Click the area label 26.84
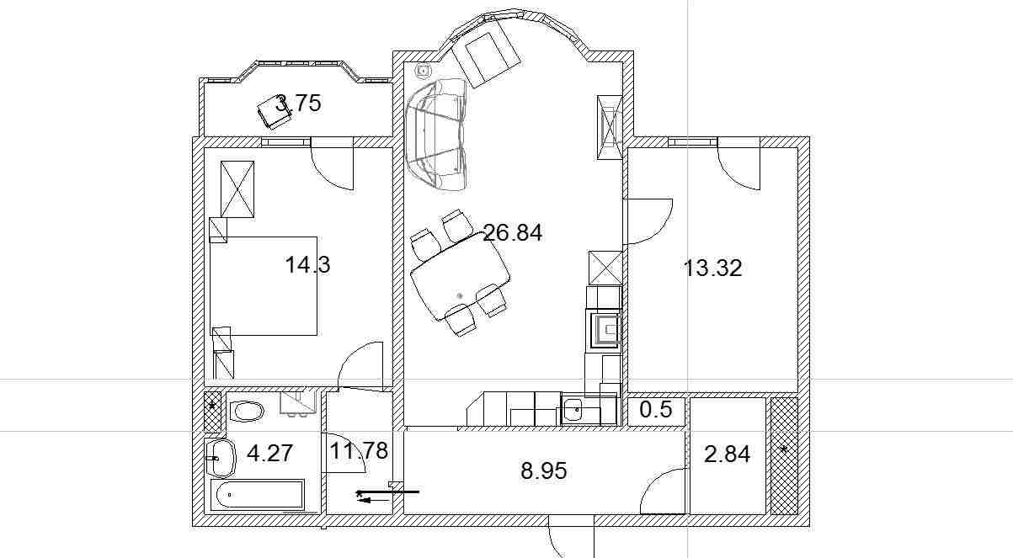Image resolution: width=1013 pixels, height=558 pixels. coord(512,233)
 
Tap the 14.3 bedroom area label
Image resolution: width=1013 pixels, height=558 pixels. coord(307,265)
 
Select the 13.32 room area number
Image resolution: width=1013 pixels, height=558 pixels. coord(712,268)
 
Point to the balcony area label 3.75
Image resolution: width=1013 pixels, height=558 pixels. coord(298,103)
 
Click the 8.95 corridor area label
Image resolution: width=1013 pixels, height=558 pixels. coord(544,470)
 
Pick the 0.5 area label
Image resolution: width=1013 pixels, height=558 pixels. coord(656,410)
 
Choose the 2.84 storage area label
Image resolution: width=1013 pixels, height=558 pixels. coord(728,454)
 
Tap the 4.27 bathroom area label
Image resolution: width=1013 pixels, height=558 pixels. coord(269,453)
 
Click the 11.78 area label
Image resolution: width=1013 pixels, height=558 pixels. coord(359,451)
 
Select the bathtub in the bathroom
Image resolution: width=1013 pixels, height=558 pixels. coord(258,495)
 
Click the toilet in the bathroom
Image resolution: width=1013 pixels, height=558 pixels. coord(247,411)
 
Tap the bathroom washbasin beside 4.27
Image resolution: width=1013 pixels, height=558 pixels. coord(221,459)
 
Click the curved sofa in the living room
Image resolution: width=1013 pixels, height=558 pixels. coord(437,134)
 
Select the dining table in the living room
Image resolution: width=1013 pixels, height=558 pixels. coord(461,276)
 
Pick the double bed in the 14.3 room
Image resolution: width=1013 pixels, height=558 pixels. coord(264,285)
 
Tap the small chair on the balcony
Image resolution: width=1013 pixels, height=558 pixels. coord(275,112)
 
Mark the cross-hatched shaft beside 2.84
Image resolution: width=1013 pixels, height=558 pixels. coord(784,455)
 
